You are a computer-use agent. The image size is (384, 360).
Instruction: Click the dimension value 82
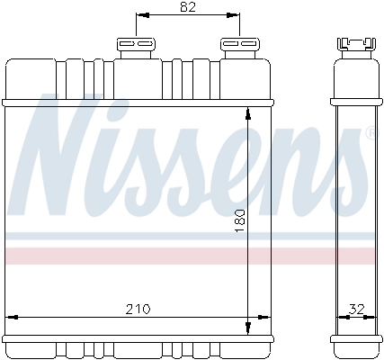(187, 8)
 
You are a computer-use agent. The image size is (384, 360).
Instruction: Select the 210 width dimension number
(137, 309)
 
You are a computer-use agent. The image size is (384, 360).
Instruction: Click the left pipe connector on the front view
(135, 46)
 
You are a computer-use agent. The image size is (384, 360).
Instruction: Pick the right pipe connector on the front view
(237, 46)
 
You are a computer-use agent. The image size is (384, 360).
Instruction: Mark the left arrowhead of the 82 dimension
(140, 16)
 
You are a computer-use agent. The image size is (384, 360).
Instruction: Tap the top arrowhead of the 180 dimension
(248, 112)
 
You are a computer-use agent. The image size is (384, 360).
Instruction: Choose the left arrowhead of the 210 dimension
(13, 317)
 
